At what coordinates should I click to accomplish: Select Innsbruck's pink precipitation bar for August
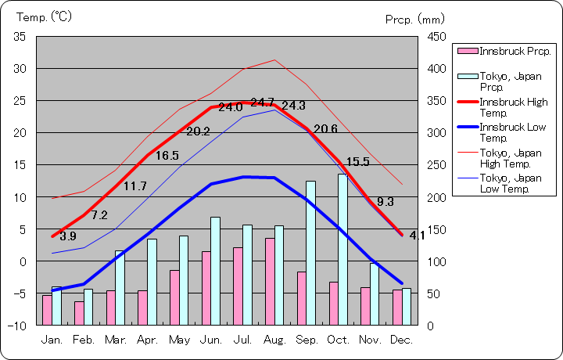(x=269, y=281)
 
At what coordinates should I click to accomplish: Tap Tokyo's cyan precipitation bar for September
(x=310, y=252)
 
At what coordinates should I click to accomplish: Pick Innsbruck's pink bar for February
(x=79, y=313)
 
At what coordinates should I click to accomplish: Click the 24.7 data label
(x=262, y=103)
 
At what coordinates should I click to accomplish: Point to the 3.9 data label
(x=68, y=236)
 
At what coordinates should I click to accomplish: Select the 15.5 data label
(x=357, y=162)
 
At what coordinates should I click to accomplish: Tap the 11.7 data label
(x=134, y=186)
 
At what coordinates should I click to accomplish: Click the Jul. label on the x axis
(x=243, y=340)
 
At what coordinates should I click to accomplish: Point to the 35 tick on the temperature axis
(x=20, y=37)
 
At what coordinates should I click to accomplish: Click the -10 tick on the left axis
(x=17, y=325)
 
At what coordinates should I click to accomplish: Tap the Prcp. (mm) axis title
(x=414, y=19)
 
